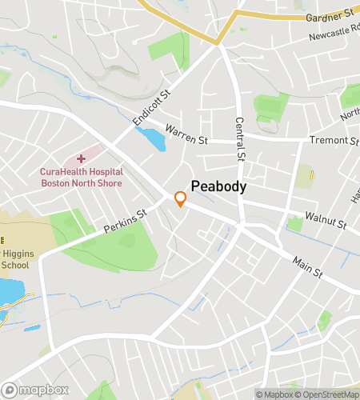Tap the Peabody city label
tap(218, 186)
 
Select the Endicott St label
tap(152, 107)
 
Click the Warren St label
tap(186, 134)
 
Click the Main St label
tap(306, 267)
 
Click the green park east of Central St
tap(270, 108)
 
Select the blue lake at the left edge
tap(10, 293)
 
